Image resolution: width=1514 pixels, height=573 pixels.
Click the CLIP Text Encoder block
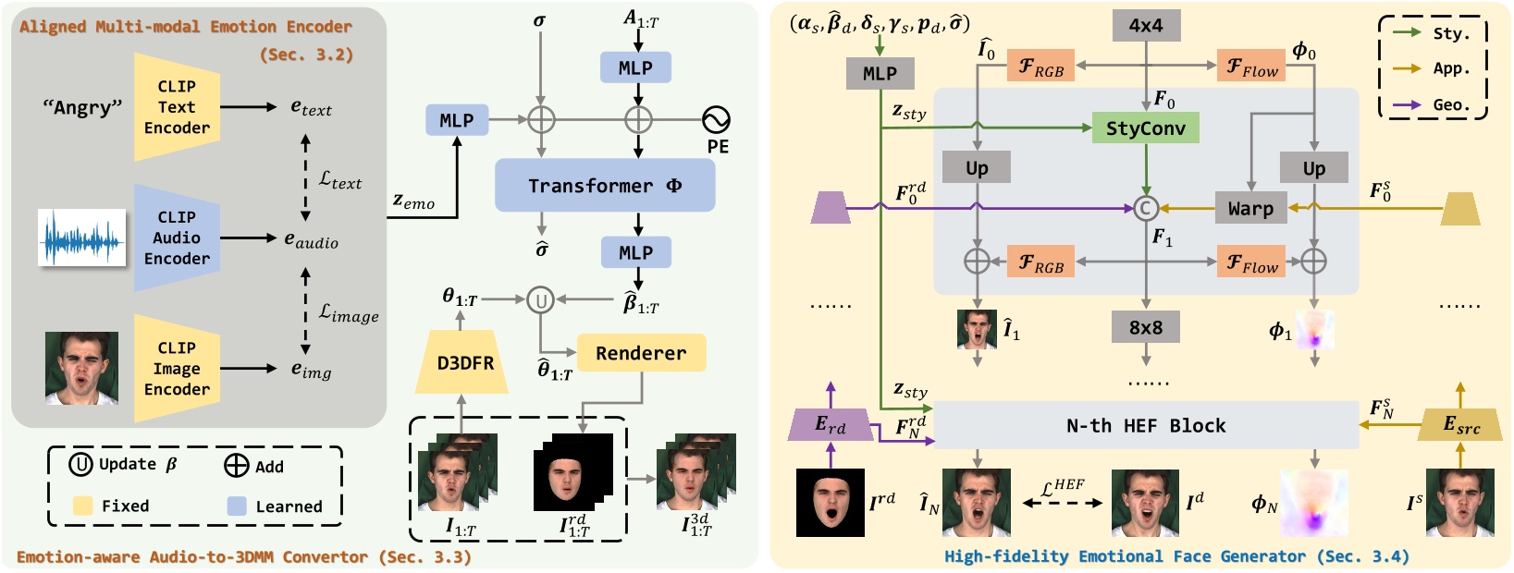(x=176, y=106)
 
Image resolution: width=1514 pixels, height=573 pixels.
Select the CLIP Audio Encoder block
(x=176, y=238)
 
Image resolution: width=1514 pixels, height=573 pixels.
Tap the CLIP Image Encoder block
(x=176, y=369)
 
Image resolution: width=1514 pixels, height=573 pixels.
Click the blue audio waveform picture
(x=81, y=238)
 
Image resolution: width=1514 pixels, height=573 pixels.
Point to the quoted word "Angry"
(x=82, y=107)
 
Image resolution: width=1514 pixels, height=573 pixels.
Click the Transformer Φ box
(x=605, y=186)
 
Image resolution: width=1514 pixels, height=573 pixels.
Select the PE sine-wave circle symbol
(x=716, y=119)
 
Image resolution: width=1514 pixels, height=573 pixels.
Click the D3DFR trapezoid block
(x=465, y=363)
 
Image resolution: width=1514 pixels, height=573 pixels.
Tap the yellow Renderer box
(x=641, y=353)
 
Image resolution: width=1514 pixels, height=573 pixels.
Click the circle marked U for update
(x=540, y=299)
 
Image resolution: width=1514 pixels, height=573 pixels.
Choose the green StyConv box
(x=1145, y=128)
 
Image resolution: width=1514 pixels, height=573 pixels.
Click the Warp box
(x=1250, y=209)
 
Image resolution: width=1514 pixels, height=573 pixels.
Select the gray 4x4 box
(x=1145, y=26)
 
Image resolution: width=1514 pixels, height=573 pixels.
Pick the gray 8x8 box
(x=1145, y=327)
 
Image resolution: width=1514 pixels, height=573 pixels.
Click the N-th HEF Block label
(x=1145, y=426)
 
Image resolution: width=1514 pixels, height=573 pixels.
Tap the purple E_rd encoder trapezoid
(x=831, y=425)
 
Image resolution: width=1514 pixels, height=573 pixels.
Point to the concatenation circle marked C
(x=1145, y=209)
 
